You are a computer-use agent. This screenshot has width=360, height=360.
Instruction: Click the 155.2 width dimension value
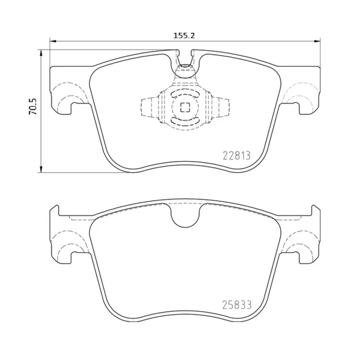coord(184,36)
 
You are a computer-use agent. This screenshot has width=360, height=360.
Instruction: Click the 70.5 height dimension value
coord(33,107)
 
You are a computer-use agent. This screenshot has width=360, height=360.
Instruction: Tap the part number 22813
coord(237,156)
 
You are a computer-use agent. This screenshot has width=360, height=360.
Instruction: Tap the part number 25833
coord(237,305)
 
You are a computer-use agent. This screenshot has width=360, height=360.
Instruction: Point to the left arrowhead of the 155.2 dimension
coord(53,41)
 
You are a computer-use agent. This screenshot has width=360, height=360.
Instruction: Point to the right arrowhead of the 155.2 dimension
coord(317,41)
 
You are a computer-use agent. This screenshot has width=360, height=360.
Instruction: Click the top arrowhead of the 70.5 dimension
coord(41,53)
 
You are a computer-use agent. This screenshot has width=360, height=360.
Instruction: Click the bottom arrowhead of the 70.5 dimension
coord(41,169)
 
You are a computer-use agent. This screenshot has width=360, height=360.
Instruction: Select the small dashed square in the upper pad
coord(185,107)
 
